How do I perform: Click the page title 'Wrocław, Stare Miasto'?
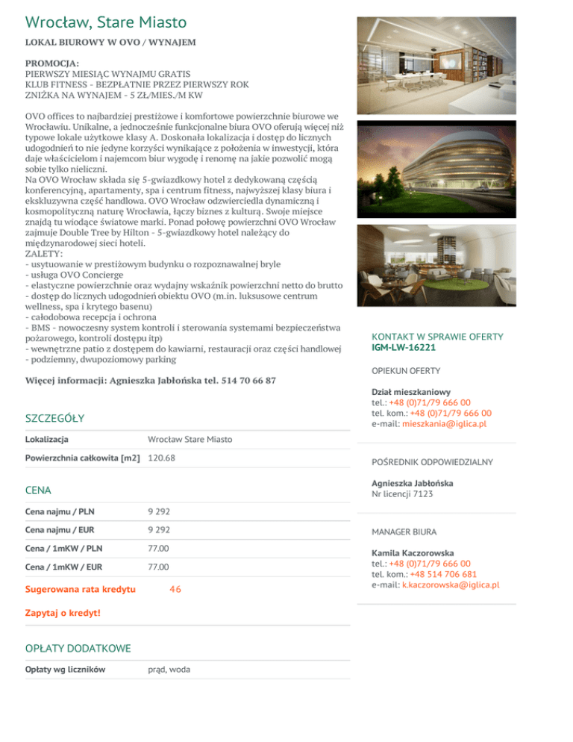105,22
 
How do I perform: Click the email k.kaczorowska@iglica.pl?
451,584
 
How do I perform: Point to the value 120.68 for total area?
162,458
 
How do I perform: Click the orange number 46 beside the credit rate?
175,590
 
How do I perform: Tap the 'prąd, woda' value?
169,670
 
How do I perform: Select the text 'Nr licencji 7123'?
402,493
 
